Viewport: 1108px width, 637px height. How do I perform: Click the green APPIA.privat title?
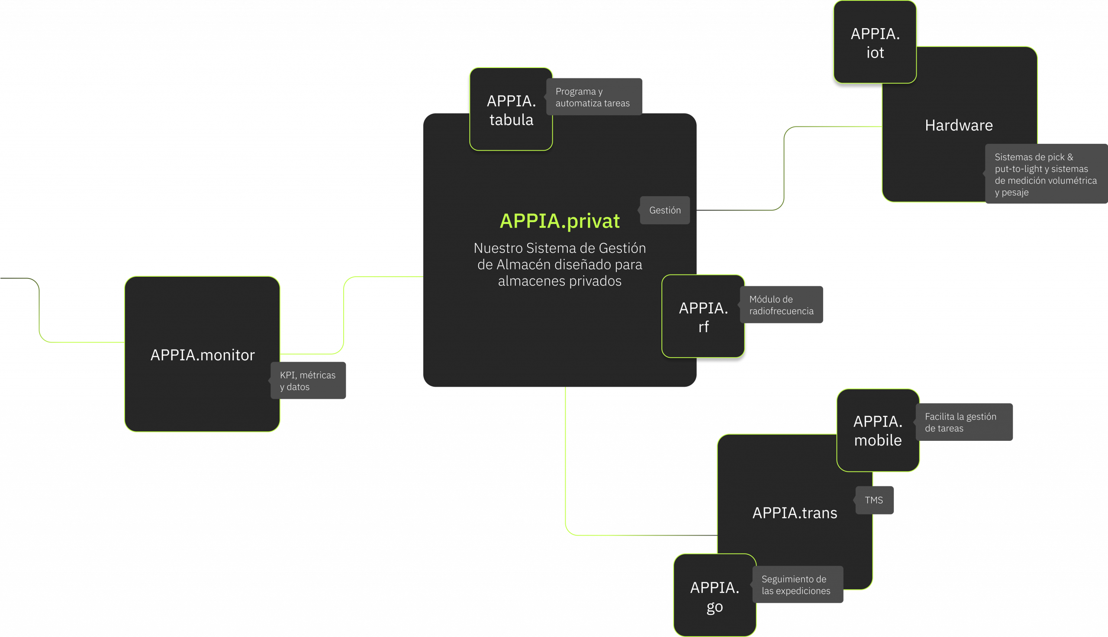pos(559,221)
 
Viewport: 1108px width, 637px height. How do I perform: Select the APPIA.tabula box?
pos(511,110)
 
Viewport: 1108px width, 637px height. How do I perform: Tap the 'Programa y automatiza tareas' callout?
pos(594,97)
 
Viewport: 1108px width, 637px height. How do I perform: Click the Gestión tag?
pos(665,210)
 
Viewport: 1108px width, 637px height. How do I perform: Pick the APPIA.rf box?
pos(702,317)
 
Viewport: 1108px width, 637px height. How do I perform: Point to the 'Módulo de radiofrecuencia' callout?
pos(781,305)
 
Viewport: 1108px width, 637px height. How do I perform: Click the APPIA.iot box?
pos(875,42)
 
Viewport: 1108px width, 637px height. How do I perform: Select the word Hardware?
pos(958,126)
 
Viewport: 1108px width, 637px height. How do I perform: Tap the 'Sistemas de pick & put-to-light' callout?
pos(1046,174)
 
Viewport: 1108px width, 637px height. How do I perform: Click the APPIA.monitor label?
pos(203,355)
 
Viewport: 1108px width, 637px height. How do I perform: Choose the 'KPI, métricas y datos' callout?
pos(308,381)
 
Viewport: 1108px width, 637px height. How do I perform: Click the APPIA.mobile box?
pos(878,430)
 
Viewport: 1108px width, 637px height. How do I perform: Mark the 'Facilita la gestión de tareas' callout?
pos(964,422)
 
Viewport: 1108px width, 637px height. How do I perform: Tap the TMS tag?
pos(874,500)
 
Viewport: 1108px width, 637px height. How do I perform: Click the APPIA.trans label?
pos(795,513)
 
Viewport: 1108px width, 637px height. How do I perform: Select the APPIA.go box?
pos(715,596)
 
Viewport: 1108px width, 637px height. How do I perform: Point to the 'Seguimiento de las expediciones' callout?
pos(797,585)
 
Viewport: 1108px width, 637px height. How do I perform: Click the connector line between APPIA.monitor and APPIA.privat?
pos(344,315)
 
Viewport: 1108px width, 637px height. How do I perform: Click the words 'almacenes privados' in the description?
pos(559,281)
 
